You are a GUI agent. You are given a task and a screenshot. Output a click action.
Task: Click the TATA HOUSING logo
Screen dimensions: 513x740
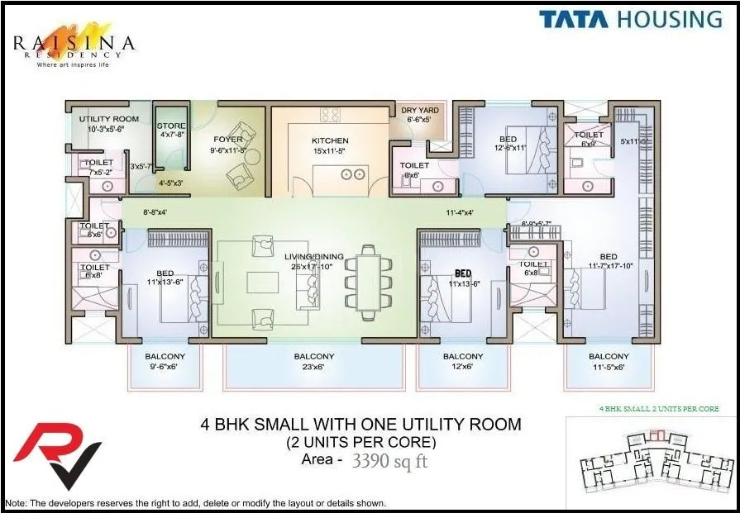point(631,19)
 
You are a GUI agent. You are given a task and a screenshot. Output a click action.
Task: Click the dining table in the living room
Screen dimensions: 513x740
point(365,281)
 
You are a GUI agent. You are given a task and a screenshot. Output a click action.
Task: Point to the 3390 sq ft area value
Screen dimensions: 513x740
point(389,462)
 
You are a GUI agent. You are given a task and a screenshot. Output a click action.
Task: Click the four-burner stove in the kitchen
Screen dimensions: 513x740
point(331,115)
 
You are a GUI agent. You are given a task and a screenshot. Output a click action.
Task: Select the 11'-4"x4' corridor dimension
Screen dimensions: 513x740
point(459,213)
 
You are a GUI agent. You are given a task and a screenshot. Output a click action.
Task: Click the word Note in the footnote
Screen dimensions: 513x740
point(16,503)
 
